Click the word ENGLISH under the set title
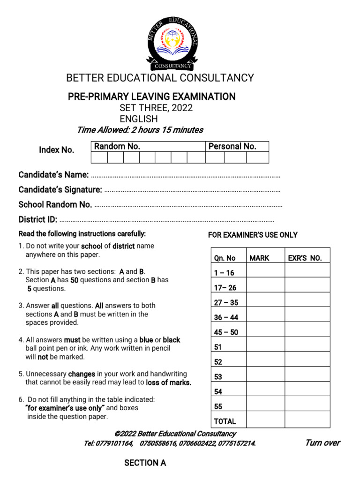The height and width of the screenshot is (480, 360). click(x=139, y=119)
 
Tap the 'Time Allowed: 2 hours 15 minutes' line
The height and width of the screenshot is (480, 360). click(x=140, y=130)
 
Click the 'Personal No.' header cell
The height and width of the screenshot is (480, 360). click(x=232, y=146)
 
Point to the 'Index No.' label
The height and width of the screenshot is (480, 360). click(x=56, y=150)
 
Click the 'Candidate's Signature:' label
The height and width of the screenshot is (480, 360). click(x=60, y=190)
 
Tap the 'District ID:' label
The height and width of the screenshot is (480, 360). click(x=38, y=220)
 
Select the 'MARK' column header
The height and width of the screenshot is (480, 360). click(x=259, y=258)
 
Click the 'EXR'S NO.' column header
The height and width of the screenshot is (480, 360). click(x=305, y=258)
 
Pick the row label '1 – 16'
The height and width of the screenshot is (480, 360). click(x=224, y=273)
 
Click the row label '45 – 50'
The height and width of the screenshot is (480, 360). click(x=226, y=332)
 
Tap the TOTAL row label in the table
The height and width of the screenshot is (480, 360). click(x=225, y=421)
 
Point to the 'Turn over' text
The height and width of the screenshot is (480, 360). click(x=322, y=443)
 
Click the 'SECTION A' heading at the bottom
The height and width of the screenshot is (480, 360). click(x=145, y=463)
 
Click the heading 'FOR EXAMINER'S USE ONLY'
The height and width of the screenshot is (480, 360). click(x=253, y=235)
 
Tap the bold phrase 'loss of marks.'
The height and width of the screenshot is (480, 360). click(x=169, y=382)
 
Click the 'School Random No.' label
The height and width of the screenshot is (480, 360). click(x=55, y=205)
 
